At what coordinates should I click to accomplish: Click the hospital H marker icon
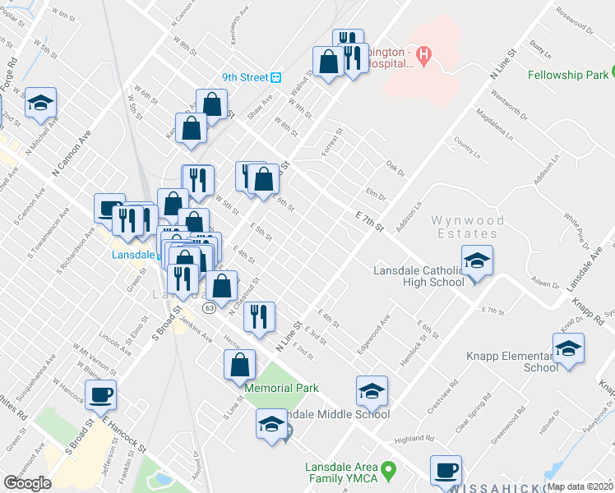click(x=423, y=57)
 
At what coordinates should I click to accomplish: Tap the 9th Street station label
click(x=245, y=77)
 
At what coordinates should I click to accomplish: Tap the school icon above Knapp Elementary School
click(x=568, y=350)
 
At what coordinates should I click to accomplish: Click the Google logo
click(x=27, y=482)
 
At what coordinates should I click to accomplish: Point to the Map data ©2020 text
click(x=580, y=486)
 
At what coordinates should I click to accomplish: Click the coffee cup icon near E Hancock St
click(x=101, y=395)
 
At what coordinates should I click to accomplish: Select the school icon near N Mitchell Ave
click(x=40, y=103)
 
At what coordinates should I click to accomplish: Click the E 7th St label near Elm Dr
click(x=371, y=219)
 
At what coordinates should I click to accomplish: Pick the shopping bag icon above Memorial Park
click(x=238, y=364)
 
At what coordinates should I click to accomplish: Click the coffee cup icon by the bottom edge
click(x=446, y=471)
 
